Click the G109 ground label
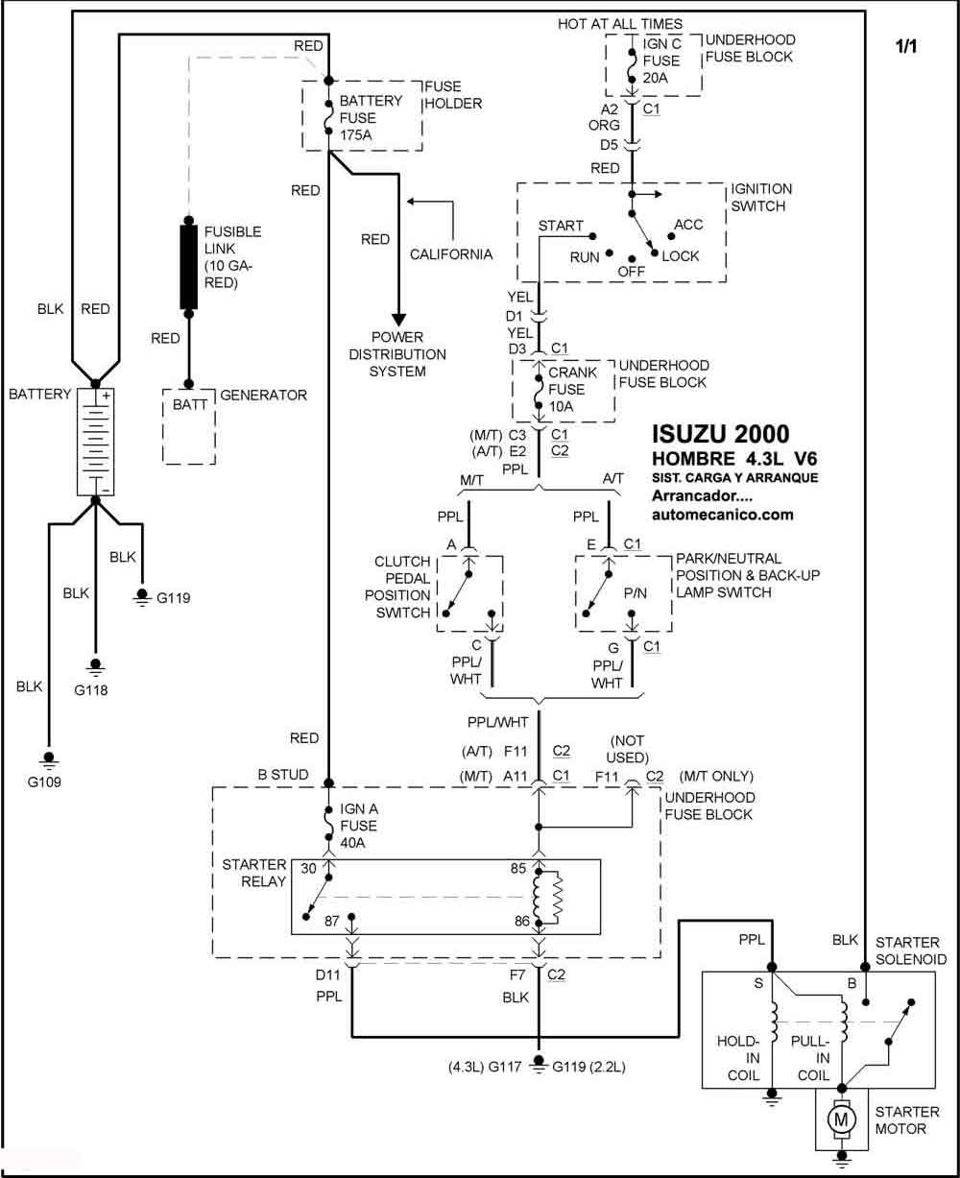pos(44,782)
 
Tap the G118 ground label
pos(90,690)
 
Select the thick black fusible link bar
pos(188,267)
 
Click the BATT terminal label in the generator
pos(190,404)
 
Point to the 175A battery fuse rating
pos(355,134)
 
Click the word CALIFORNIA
pos(450,254)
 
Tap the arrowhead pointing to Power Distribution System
pos(398,320)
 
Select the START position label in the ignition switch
pos(561,226)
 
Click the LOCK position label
pos(681,256)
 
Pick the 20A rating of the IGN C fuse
pos(655,78)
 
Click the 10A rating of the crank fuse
pos(561,406)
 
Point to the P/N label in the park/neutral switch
pos(635,593)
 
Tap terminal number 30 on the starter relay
pos(308,868)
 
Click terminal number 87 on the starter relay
pos(332,921)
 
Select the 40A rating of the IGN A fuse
pos(352,843)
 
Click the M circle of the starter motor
pos(841,1120)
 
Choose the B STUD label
pos(283,774)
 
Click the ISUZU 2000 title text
pos(721,434)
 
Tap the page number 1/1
pos(906,46)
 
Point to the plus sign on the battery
pos(106,396)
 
